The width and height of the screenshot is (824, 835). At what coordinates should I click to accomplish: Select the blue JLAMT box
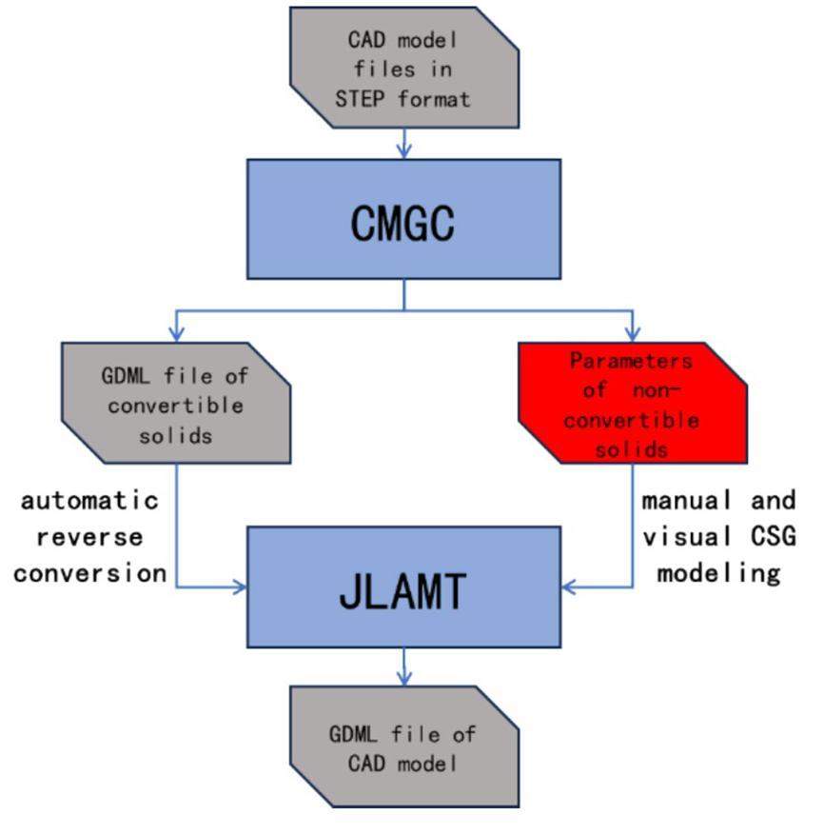403,588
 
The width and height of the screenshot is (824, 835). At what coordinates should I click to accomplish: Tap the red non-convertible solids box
632,404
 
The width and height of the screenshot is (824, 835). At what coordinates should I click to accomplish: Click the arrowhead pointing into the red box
633,334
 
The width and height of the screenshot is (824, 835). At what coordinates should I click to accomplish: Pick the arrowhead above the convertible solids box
175,334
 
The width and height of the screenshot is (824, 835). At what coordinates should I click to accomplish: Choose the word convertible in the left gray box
175,405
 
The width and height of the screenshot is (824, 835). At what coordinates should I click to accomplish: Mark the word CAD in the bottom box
363,764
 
